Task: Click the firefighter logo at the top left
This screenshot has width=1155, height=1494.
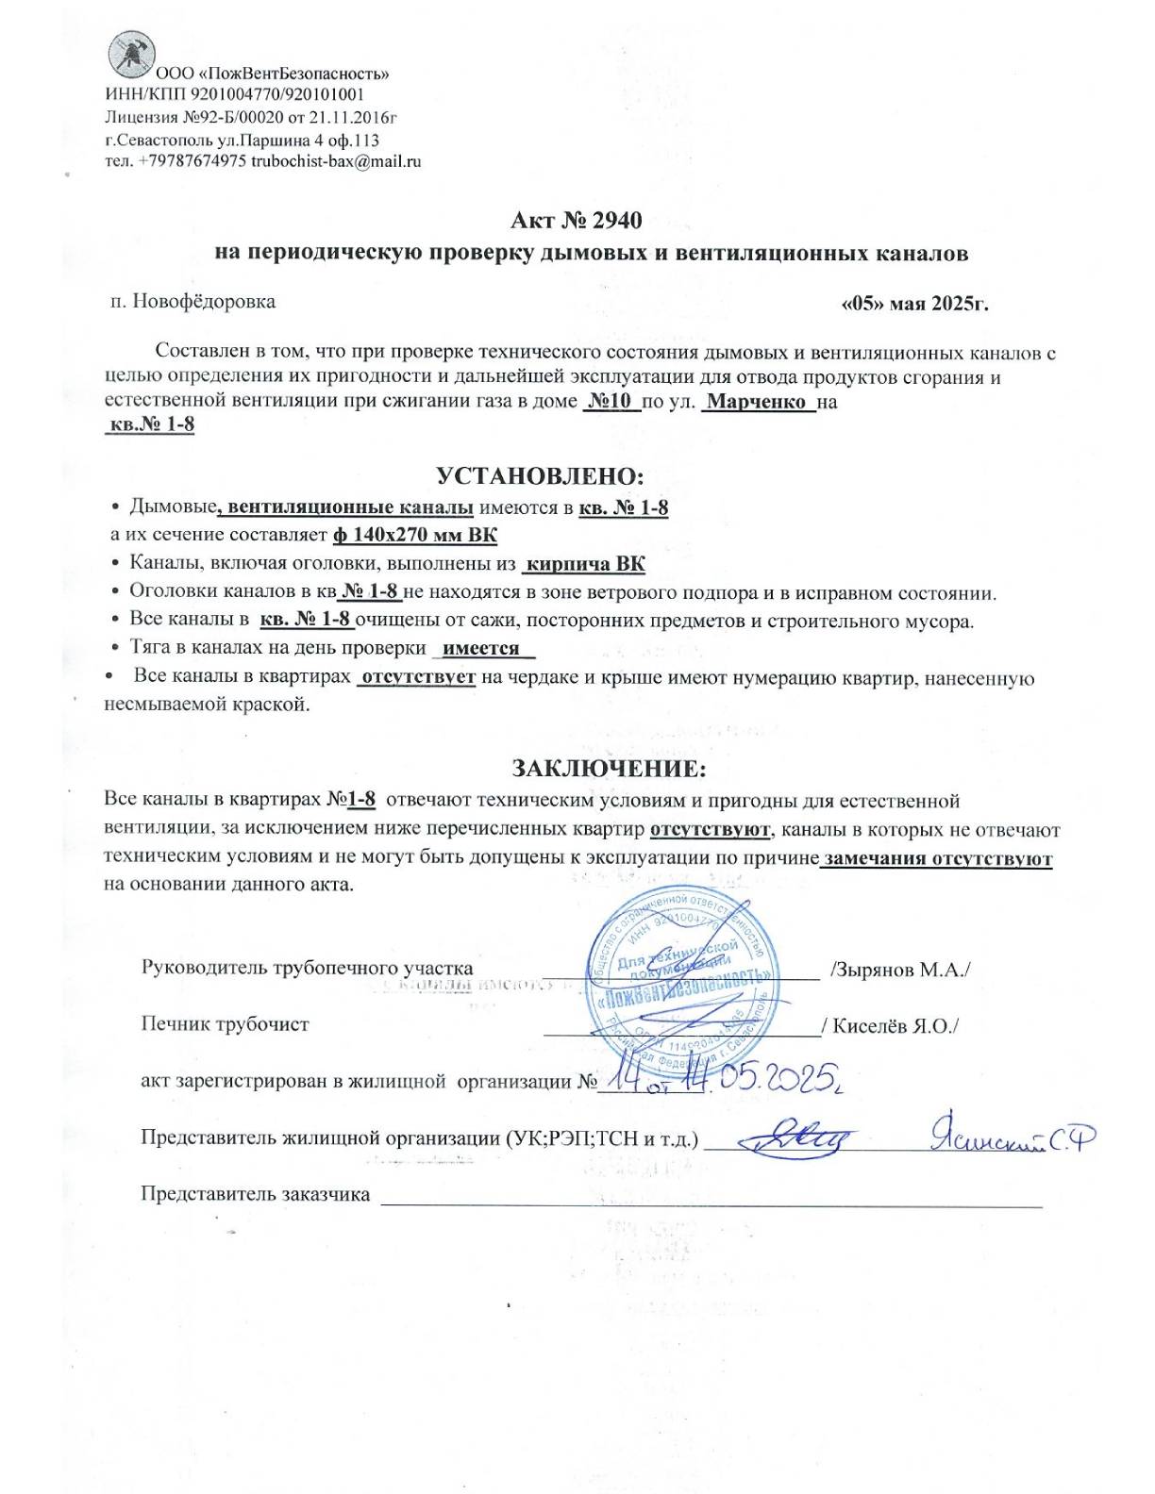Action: (131, 54)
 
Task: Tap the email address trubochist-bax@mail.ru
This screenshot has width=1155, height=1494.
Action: (337, 161)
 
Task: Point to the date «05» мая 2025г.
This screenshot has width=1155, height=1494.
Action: (913, 305)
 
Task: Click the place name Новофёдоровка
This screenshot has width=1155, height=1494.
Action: (204, 302)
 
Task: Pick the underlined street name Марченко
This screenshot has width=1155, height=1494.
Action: (758, 402)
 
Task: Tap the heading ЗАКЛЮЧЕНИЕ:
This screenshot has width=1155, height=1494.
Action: (609, 768)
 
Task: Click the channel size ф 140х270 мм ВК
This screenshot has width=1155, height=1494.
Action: (415, 536)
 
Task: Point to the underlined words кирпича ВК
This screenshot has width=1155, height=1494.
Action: (585, 565)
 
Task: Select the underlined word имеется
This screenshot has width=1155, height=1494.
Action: (481, 649)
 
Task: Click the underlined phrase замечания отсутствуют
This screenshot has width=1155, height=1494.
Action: (937, 859)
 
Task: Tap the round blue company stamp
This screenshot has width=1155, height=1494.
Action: (684, 986)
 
